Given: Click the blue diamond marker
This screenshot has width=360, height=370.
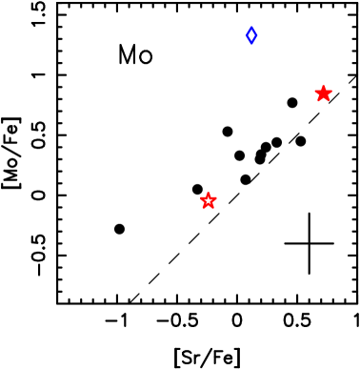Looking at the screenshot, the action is pos(251,35).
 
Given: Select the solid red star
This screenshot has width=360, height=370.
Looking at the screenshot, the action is pos(324,93).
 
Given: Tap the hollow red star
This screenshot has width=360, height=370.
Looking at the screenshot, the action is pos(209,200).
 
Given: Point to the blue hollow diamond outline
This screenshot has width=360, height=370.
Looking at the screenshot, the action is pos(251,35).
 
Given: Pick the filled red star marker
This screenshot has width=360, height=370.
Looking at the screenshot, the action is pos(324,93).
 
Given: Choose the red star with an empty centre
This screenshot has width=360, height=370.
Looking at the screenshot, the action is pos(209,200).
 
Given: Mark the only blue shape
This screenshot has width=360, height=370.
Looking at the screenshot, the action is pos(251,35).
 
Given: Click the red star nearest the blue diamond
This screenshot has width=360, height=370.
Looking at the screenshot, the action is pos(324,93).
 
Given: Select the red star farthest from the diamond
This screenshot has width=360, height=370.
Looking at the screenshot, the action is pos(209,200).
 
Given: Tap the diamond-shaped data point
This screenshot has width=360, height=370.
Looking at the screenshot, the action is pos(251,35).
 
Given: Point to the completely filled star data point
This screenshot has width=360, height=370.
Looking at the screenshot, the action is pos(324,93).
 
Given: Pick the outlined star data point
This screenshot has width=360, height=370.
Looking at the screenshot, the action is pos(209,200).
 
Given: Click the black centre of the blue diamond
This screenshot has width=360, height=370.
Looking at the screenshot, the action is pos(251,35).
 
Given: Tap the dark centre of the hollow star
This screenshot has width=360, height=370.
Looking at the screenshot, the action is pos(209,200).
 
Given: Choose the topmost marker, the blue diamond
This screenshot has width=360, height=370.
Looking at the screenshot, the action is pos(251,35).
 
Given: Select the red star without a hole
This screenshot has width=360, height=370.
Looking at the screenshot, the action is pos(324,93).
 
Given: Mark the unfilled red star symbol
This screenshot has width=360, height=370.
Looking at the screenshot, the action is pos(209,200).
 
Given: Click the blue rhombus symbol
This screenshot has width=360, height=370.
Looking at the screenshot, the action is pos(251,35).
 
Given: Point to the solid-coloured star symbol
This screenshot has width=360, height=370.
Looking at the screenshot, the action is pos(324,93).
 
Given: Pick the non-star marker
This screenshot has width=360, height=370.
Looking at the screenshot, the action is pos(251,35).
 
